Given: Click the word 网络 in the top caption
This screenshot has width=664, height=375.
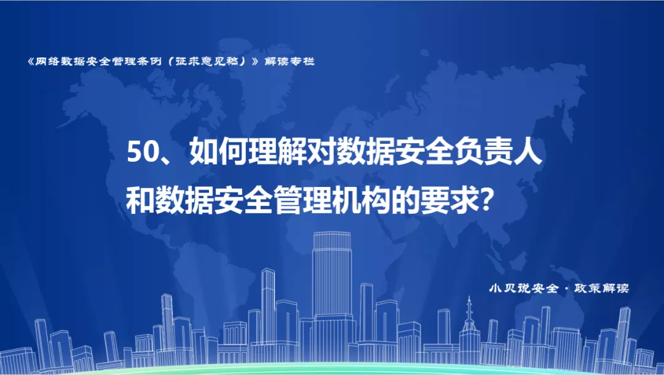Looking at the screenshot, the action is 47,61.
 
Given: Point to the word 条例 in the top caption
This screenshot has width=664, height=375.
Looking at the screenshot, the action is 149,61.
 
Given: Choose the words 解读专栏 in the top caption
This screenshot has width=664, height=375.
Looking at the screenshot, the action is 289,61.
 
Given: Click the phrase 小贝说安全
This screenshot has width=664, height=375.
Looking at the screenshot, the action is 524,288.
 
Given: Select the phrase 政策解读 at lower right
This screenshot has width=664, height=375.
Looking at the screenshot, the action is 602,288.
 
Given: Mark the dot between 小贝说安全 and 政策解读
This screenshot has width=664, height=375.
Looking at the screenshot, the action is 567,289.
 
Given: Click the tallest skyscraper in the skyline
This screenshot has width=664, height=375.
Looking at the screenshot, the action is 332,296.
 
